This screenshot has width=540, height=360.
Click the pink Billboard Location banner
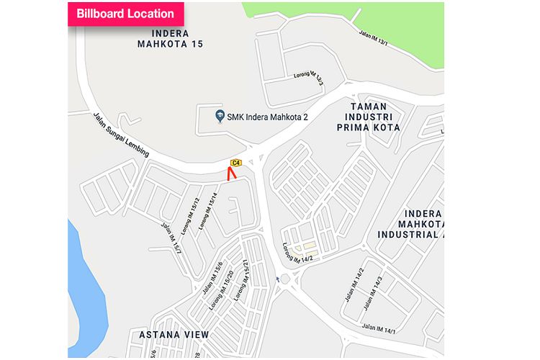[125, 14]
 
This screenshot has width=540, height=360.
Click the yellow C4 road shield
[236, 162]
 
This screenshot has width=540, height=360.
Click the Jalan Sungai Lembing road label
[120, 135]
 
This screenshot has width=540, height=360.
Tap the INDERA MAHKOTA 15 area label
[171, 39]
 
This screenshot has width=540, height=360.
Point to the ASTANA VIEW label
[171, 335]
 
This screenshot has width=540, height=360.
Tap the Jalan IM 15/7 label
[171, 238]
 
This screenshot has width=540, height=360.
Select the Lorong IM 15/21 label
[247, 277]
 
